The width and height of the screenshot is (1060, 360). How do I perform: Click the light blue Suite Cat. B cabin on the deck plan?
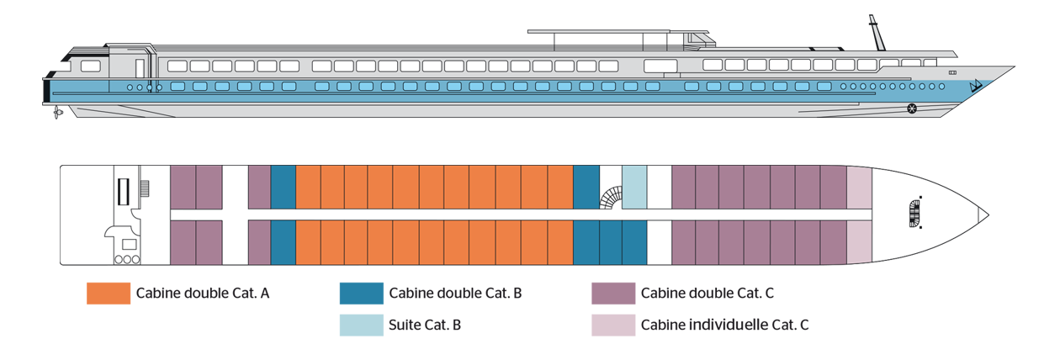coord(634,188)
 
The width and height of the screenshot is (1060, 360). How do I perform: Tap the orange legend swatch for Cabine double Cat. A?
coord(109,294)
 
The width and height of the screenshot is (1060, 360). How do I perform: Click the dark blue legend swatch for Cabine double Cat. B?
coord(362,294)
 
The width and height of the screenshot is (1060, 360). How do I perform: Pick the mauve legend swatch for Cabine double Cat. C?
coord(613,294)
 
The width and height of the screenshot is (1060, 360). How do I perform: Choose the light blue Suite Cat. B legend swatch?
coord(362,325)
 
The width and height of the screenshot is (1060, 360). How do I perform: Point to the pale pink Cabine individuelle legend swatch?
coord(613,325)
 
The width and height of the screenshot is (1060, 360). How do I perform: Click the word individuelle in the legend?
coord(729,325)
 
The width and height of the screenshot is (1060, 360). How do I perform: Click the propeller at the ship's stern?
coord(57,113)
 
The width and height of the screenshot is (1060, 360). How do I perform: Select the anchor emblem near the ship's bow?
coord(976,86)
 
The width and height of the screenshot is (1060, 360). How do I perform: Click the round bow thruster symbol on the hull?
coord(912,109)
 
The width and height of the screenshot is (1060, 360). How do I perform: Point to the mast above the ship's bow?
coord(877,33)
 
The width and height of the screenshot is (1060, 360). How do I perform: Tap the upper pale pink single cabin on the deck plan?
coord(859,188)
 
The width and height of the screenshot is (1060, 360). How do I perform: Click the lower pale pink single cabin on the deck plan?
coord(859,242)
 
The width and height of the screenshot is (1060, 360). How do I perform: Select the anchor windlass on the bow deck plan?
coord(915,214)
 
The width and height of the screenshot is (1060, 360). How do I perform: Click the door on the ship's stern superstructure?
coord(140,69)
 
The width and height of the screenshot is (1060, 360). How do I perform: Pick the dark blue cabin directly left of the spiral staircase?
coord(586,188)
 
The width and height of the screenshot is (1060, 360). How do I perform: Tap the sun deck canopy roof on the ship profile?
coord(617,32)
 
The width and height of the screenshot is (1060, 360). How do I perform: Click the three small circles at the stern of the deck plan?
coord(127,259)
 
